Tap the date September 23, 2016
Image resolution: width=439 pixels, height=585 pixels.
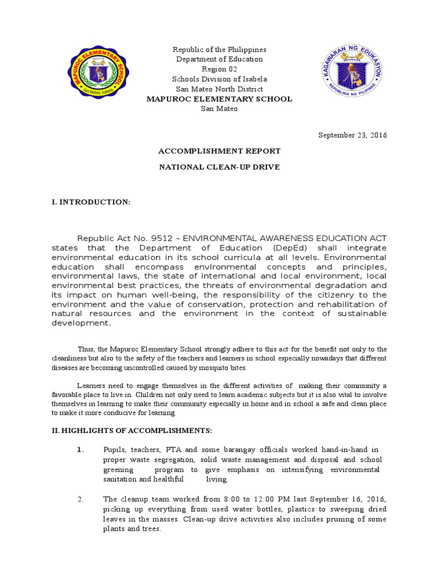point(353,135)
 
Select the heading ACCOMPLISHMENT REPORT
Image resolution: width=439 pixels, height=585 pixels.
point(219,151)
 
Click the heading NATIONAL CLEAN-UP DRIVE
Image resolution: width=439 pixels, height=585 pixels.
point(219,167)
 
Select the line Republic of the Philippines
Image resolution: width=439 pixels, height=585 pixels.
point(219,50)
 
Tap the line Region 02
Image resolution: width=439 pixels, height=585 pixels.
point(219,69)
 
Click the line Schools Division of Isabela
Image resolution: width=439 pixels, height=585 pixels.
point(219,79)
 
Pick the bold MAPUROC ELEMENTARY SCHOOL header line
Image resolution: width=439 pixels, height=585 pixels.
point(219,99)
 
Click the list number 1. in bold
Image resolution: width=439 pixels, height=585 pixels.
point(81,450)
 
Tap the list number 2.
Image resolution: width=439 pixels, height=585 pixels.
point(81,499)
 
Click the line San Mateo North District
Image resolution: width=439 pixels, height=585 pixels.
point(219,89)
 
